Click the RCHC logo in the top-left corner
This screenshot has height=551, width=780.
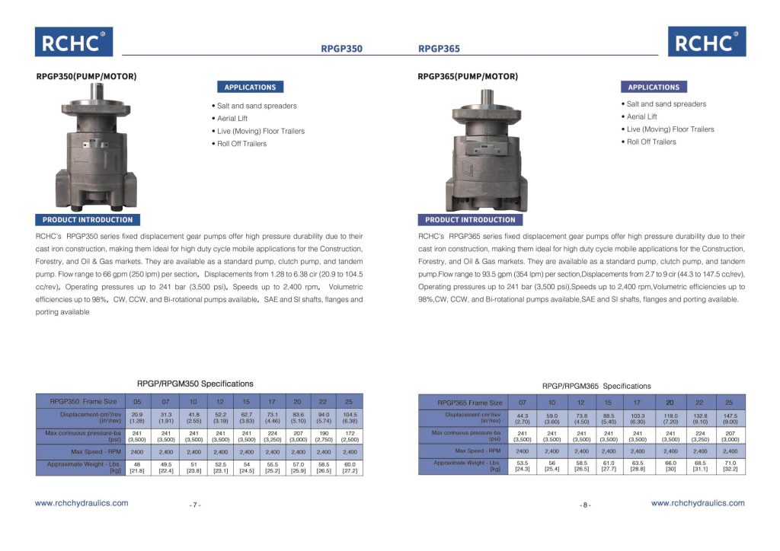point(73,42)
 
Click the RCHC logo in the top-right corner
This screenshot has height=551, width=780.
point(707,42)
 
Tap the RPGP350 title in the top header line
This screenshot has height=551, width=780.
point(341,49)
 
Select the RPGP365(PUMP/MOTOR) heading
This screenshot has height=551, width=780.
point(468,76)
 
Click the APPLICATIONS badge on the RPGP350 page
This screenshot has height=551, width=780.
point(250,88)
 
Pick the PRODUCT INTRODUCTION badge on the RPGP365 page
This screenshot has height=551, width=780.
point(470,220)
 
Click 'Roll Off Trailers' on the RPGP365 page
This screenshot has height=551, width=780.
point(651,142)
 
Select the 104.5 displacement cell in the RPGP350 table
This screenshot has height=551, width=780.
point(350,417)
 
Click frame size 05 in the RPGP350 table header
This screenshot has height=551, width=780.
point(137,401)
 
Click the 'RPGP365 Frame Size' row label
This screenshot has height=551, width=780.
point(470,403)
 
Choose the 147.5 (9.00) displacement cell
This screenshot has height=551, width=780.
point(729,419)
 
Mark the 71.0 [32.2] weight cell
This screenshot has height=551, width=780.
point(729,466)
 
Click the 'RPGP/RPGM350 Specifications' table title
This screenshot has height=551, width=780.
point(195,384)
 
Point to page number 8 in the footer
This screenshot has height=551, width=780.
point(585,505)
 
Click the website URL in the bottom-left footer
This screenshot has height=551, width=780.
point(82,503)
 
